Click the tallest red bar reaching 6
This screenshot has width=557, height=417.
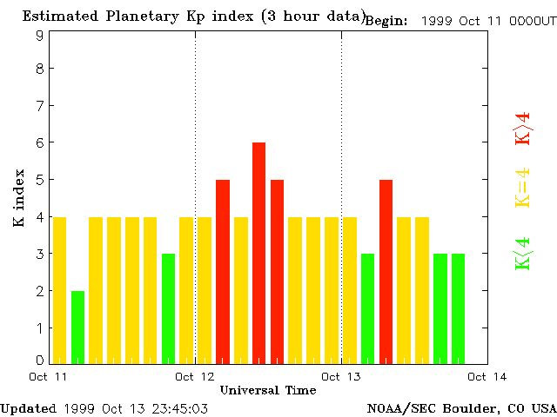(x=258, y=252)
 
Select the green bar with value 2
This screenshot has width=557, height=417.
(x=77, y=327)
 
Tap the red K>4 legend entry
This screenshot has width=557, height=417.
(x=522, y=128)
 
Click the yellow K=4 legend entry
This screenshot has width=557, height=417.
(x=522, y=188)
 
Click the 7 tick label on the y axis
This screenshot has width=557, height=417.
(x=40, y=105)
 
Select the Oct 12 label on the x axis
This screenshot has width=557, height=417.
(x=195, y=377)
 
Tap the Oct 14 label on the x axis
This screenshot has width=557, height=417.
(x=487, y=377)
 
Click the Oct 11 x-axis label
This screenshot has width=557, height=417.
(x=49, y=377)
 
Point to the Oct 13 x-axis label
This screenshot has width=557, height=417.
(x=341, y=377)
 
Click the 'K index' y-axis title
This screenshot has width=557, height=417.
(x=18, y=198)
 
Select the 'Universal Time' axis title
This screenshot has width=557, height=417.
(x=268, y=390)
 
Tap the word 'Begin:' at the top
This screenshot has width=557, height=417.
(x=386, y=21)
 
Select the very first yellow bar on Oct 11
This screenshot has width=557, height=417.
(x=59, y=289)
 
